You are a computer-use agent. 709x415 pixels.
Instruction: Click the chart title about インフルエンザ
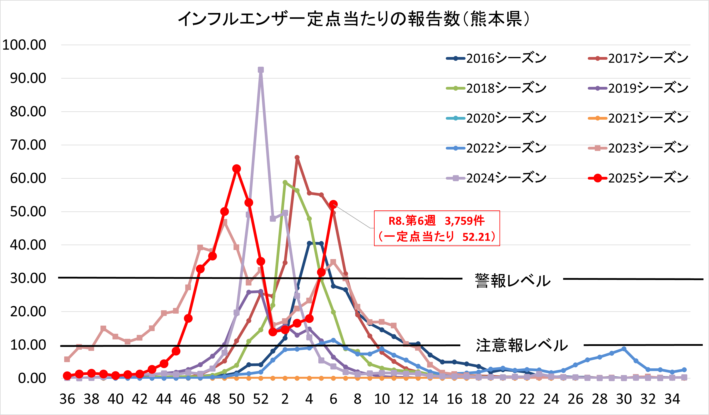click(354, 19)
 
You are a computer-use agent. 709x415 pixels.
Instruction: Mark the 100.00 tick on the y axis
click(24, 45)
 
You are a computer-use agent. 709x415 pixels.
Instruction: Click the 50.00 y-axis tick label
click(28, 212)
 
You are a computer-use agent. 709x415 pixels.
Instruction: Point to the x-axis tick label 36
click(67, 399)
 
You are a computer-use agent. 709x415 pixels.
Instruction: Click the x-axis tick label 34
click(672, 399)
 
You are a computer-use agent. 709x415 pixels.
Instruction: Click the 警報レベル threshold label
click(513, 280)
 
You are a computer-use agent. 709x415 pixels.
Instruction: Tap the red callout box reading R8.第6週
click(437, 228)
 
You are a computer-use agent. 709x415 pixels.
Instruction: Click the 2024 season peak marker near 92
click(261, 70)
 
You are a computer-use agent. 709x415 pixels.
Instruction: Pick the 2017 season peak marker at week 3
click(297, 157)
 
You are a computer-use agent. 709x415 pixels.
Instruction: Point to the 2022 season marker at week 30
click(624, 349)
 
